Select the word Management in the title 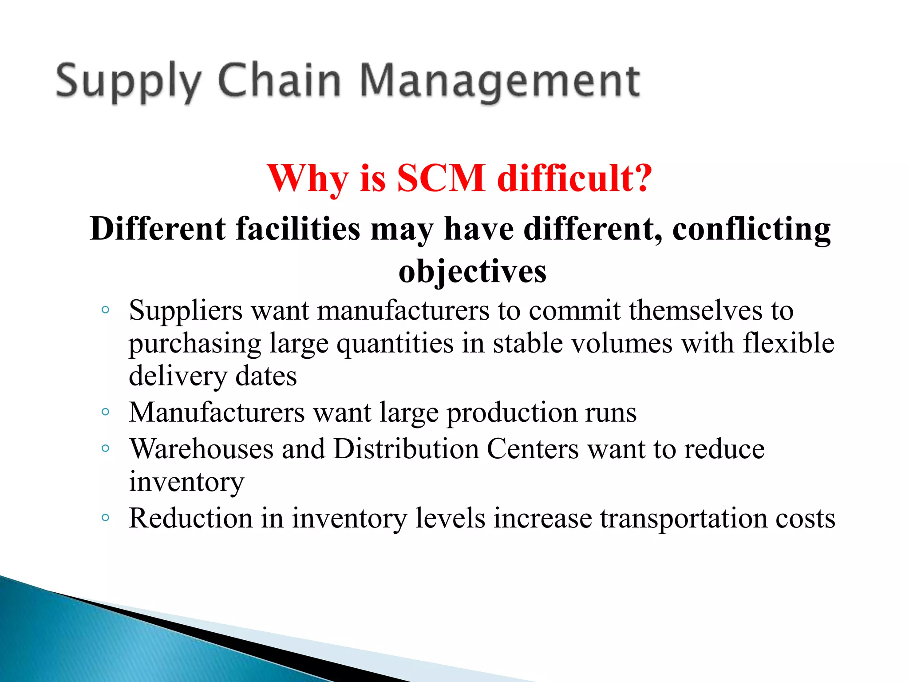click(x=500, y=82)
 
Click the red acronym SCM click(x=441, y=178)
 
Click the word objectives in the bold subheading click(x=472, y=271)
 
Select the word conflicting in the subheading click(x=751, y=229)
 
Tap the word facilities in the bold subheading click(x=298, y=229)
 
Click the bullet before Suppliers click(x=105, y=310)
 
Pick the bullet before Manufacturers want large click(x=105, y=412)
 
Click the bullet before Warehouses click(x=105, y=448)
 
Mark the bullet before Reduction click(x=105, y=517)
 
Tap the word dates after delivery click(x=266, y=377)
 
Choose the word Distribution click(x=406, y=449)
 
